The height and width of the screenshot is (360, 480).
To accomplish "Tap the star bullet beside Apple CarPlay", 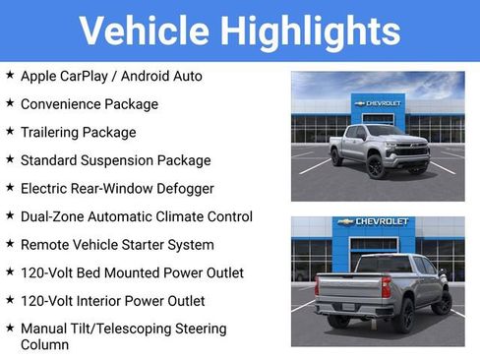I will tap(10, 75).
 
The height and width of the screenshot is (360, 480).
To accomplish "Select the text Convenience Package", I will tap(90, 103).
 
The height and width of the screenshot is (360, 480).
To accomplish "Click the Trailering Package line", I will tap(79, 132).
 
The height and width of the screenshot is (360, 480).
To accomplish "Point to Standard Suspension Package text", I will tap(116, 159).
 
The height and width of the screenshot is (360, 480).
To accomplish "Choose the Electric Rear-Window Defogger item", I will tap(117, 188).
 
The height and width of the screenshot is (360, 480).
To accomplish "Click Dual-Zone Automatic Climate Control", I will tap(137, 216).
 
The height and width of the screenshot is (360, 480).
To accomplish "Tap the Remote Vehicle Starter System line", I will tap(119, 244).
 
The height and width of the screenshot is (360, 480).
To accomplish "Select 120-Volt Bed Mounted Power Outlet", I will tap(132, 272).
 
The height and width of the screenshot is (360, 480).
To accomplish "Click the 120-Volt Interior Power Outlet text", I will tap(113, 301).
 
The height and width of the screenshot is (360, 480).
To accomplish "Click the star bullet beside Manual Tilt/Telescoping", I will tap(10, 329).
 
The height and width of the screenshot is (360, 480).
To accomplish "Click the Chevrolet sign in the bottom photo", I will tap(374, 222).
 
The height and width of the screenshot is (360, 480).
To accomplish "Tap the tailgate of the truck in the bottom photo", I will tap(344, 292).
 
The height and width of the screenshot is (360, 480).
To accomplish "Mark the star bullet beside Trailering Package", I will tap(10, 132).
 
